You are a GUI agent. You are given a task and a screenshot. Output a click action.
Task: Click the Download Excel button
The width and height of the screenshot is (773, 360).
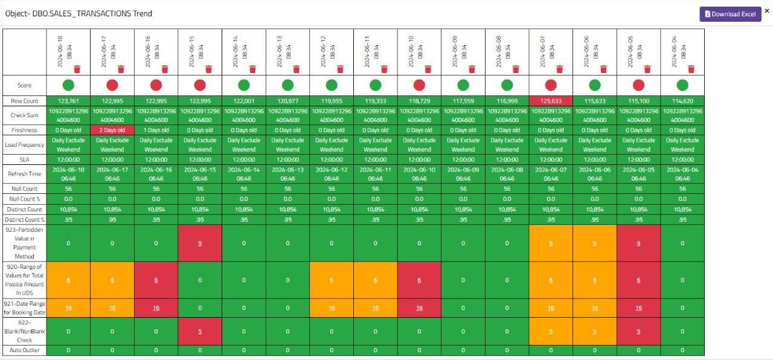click(730, 14)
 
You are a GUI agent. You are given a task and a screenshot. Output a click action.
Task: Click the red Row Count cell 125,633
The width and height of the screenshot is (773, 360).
click(551, 101)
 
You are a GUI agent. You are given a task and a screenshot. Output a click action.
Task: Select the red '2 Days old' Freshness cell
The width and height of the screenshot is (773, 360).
click(112, 130)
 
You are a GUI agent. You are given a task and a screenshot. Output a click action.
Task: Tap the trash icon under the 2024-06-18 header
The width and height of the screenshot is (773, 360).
click(77, 69)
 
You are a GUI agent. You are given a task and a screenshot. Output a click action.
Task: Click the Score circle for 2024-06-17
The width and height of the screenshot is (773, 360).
click(112, 85)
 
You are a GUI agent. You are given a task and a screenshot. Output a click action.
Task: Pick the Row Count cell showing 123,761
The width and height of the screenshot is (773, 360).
click(68, 101)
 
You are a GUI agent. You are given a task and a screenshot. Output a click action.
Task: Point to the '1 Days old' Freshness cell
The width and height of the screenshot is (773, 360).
click(156, 130)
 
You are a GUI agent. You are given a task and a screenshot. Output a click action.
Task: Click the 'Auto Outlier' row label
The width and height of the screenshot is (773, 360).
click(24, 350)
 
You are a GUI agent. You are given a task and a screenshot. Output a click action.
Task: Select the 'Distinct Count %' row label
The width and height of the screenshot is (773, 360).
click(24, 220)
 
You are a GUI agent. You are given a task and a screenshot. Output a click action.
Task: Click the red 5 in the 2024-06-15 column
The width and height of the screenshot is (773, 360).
click(200, 331)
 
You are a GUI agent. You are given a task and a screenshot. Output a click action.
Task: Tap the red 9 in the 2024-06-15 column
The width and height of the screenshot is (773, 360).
click(200, 243)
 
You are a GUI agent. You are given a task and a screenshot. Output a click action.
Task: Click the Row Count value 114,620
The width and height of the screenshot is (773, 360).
click(682, 101)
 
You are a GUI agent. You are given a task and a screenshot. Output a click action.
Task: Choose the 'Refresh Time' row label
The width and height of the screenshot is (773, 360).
click(24, 174)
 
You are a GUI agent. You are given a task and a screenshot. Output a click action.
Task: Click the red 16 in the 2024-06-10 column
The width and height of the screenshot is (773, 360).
click(420, 308)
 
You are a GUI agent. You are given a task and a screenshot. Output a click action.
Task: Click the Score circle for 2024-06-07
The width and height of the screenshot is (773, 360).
click(551, 85)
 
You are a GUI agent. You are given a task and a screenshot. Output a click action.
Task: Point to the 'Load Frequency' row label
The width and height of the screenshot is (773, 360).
click(24, 145)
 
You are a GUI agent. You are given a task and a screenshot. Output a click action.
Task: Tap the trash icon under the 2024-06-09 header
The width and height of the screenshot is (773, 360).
click(472, 69)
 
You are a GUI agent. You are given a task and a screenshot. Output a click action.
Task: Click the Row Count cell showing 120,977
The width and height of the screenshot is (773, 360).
click(287, 101)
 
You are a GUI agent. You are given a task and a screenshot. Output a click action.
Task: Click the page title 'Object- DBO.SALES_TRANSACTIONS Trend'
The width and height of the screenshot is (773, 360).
click(79, 13)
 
